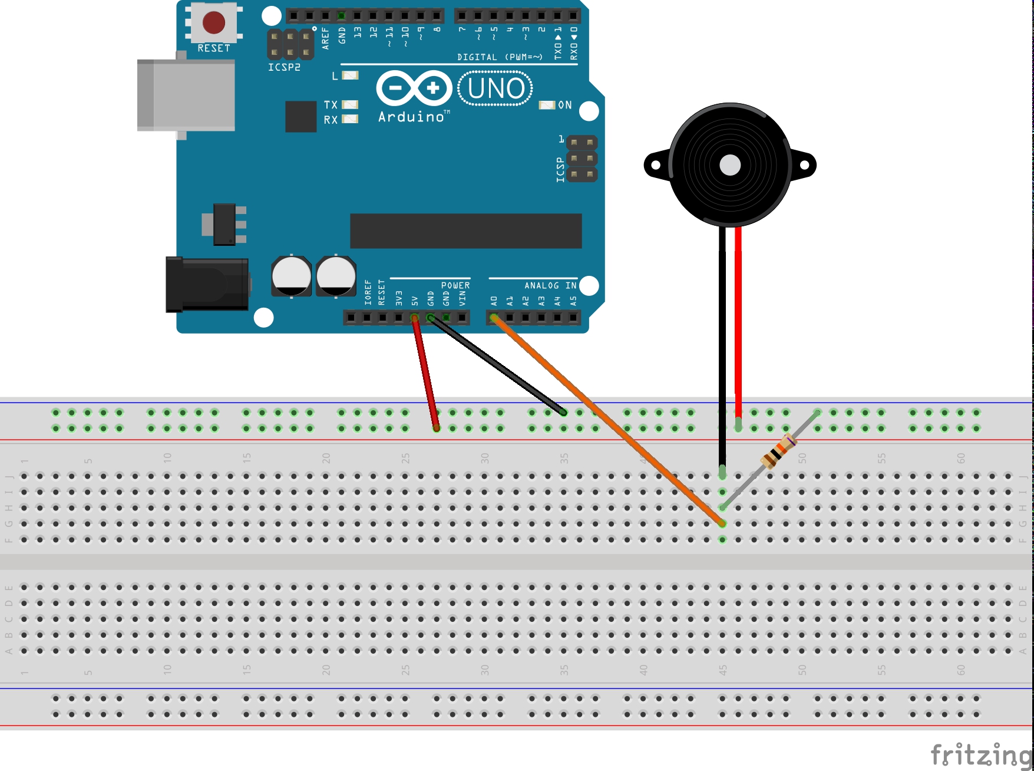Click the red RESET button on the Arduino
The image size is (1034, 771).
click(213, 23)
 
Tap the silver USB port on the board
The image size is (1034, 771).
click(186, 95)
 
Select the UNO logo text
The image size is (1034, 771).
click(495, 88)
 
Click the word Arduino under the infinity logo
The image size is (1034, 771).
click(411, 117)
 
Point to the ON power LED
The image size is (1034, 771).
click(547, 105)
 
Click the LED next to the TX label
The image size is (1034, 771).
click(350, 104)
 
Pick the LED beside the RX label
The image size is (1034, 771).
click(350, 119)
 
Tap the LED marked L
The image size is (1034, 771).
click(350, 75)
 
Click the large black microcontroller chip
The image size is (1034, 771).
click(465, 231)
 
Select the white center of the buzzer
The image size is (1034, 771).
click(730, 165)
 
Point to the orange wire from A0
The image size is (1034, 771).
click(607, 420)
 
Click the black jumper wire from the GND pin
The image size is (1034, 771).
click(498, 365)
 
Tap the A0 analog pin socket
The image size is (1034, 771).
click(494, 318)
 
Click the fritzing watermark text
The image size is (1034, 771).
click(980, 754)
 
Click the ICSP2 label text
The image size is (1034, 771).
click(284, 67)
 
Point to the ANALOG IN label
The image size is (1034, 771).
click(550, 285)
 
